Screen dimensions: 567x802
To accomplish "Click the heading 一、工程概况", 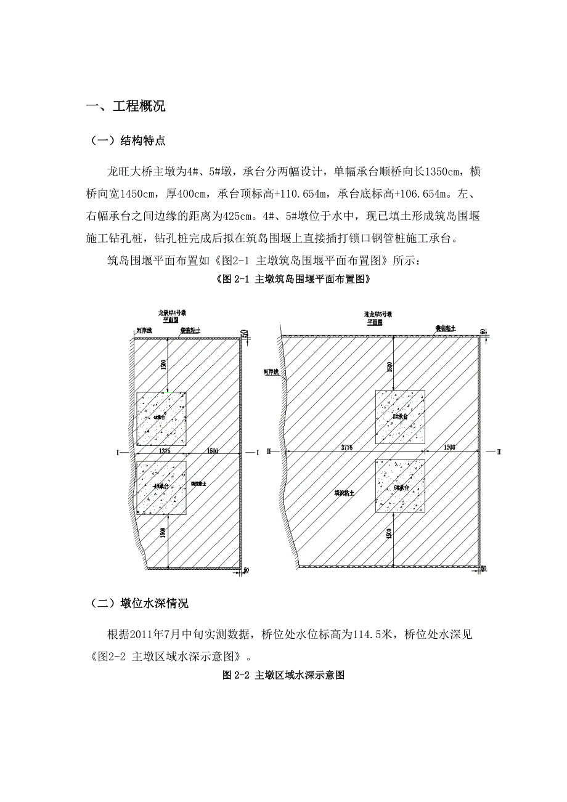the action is (x=125, y=106).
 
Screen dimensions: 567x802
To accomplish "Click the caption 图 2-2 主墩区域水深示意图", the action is (x=283, y=675).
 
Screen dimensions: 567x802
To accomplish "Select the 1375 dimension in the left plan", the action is (x=165, y=452).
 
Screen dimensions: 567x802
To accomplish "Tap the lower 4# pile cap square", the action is (x=161, y=487).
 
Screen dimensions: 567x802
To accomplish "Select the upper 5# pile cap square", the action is (x=401, y=416).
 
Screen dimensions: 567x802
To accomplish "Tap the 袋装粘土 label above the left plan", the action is (x=190, y=330).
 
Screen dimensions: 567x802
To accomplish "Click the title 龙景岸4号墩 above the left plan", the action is (x=169, y=313).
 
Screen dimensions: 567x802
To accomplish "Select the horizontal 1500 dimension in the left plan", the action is (x=212, y=452).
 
